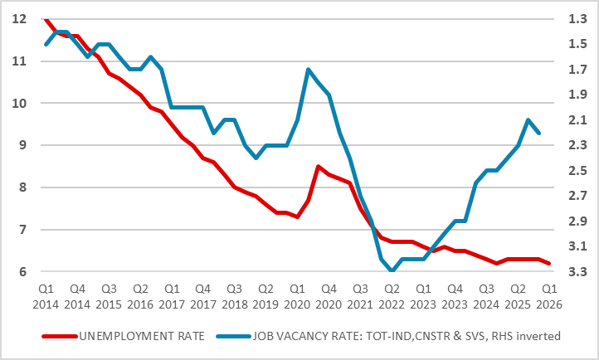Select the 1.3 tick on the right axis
[575, 19]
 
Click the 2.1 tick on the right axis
[575, 120]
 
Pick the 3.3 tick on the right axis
[575, 272]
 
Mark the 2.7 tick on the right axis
[575, 197]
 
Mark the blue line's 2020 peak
[308, 69]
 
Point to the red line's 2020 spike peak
[319, 167]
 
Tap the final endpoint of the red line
[548, 263]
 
